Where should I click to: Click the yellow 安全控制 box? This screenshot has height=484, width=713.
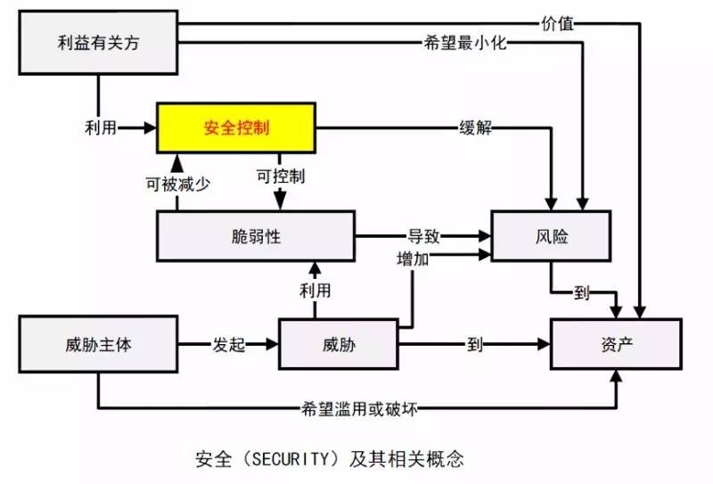pos(235,128)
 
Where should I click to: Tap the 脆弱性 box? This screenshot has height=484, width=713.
pos(255,236)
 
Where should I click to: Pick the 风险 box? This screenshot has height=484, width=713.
pos(553,236)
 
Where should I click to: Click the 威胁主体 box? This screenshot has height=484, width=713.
pos(98,343)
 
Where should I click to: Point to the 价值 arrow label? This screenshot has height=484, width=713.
pos(557,22)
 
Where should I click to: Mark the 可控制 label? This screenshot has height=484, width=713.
pos(280,176)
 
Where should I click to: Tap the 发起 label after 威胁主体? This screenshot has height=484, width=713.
pos(228,344)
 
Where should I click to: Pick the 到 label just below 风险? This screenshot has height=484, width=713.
pos(582,295)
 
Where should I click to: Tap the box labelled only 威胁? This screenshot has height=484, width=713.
pos(337,343)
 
